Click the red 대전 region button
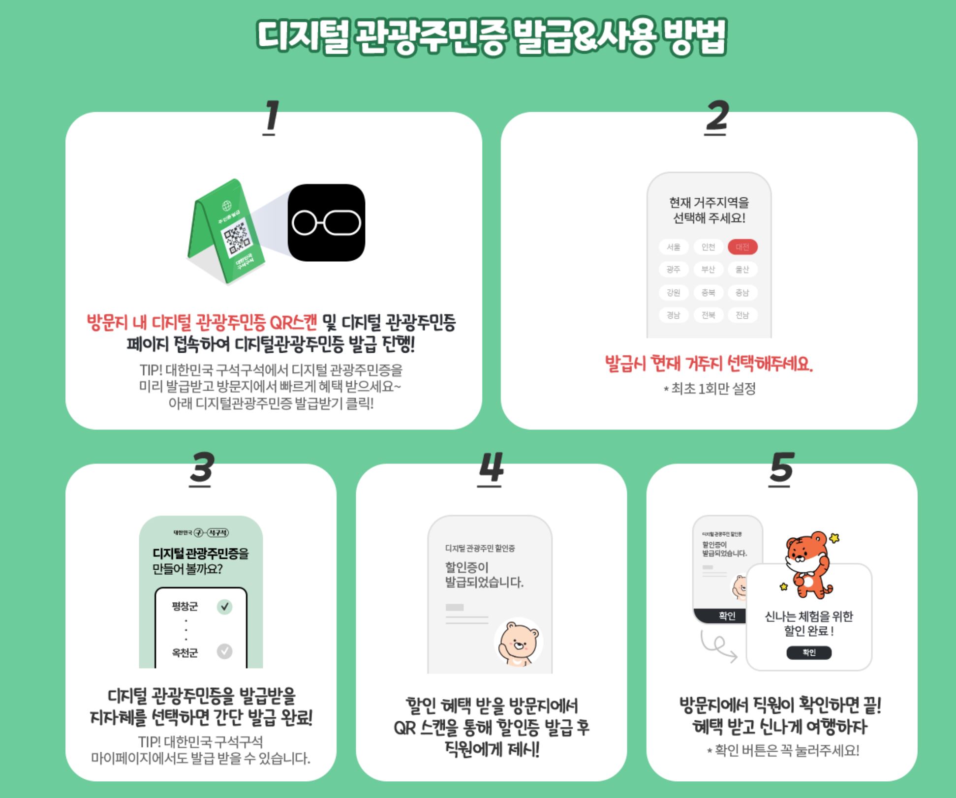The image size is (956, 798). point(742,247)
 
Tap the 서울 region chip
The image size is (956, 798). point(673,247)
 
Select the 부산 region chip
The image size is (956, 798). point(708,270)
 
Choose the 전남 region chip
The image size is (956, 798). point(742,315)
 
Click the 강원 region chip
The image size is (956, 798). point(673,293)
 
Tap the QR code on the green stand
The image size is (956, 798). point(237,240)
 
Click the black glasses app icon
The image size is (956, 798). point(326,222)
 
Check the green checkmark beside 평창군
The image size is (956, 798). point(224,607)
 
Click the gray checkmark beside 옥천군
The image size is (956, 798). point(224,651)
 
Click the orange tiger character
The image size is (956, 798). point(808,564)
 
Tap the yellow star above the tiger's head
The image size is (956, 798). point(834,538)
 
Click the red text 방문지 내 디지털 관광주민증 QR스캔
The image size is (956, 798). point(202,323)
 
